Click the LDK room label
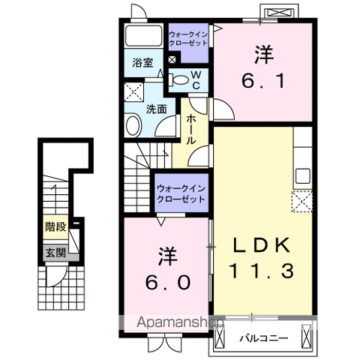(259, 246)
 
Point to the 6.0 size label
(167, 281)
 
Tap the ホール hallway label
(192, 129)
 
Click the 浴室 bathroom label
(142, 63)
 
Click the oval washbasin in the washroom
(133, 125)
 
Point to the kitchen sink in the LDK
(302, 177)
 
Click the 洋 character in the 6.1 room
(263, 54)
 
